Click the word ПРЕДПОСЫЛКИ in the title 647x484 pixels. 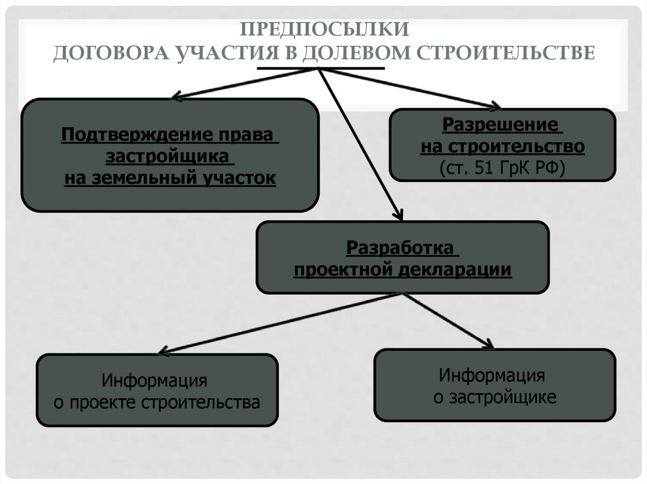(323, 29)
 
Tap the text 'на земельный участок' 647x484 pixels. (170, 178)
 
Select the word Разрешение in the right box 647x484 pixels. (501, 124)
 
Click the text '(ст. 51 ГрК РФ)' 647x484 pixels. (502, 168)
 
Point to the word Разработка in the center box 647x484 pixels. (400, 247)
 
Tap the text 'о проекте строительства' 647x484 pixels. (157, 402)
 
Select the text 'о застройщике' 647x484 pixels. (495, 398)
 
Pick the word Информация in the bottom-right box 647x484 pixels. (492, 376)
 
